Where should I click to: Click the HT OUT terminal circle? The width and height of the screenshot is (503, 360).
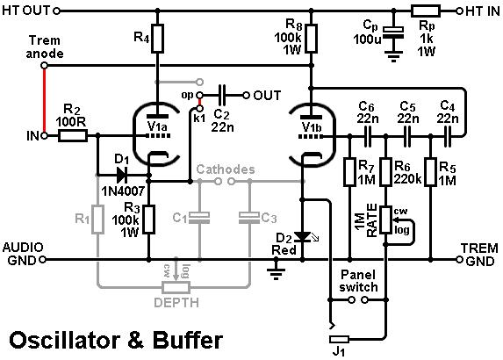coord(56,11)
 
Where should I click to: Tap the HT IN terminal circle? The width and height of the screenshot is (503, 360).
coord(459,11)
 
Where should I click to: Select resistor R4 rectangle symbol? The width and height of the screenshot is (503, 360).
coord(157,38)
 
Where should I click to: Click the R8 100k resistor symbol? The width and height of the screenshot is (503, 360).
coord(311,38)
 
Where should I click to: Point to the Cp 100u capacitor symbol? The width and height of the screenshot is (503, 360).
coord(393,33)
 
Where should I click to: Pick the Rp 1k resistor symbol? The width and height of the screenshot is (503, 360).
coord(426,11)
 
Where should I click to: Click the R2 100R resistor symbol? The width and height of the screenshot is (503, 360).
coord(73,136)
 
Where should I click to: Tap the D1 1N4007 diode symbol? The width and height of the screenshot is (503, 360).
coord(122,176)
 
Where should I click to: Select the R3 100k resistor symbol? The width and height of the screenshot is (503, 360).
coord(148,220)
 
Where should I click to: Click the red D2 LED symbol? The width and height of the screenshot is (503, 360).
coord(302,237)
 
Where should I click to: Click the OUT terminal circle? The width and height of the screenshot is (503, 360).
coord(246,95)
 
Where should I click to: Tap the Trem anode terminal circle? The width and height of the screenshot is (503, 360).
coord(44,66)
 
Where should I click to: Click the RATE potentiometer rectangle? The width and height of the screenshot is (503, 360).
coord(386,220)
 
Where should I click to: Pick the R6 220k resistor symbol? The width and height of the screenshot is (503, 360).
coord(386,172)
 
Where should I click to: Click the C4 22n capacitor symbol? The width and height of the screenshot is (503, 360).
coord(447,137)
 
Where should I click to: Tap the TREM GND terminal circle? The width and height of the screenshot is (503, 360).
coord(459,259)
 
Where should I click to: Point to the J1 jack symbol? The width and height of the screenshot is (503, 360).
coord(339,339)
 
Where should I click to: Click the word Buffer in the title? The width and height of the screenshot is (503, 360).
coord(188,340)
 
